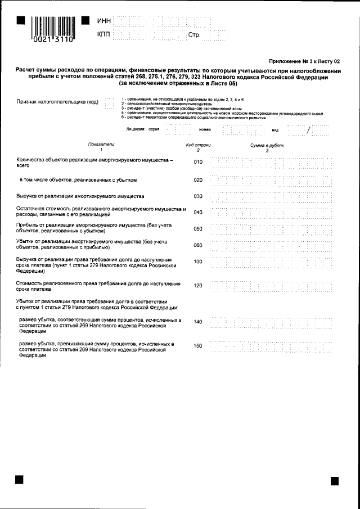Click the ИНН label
point(104,21)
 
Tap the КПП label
point(104,35)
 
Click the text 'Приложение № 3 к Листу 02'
point(305,61)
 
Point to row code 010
point(197,163)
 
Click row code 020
point(197,181)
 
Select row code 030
point(197,197)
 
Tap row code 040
point(197,213)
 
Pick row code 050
point(197,229)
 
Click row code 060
point(197,245)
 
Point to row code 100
point(197,262)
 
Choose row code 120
point(197,286)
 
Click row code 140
point(197,322)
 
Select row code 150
point(197,346)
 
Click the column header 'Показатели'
point(101,145)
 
